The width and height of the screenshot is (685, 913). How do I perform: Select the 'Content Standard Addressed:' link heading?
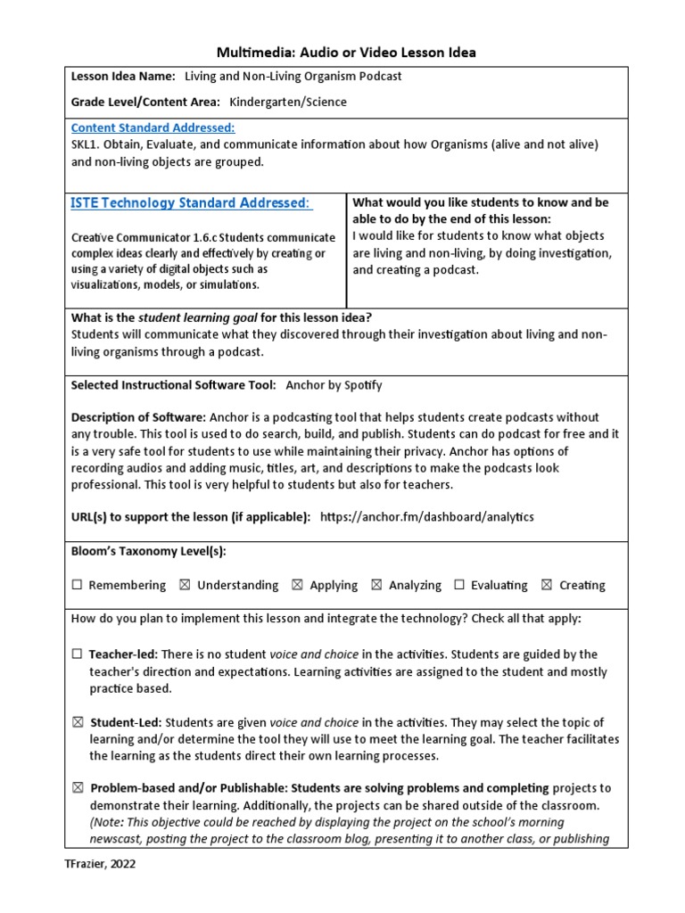[x=153, y=127]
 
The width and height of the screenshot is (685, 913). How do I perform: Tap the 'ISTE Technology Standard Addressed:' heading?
[x=191, y=203]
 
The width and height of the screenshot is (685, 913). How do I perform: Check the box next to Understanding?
[x=185, y=586]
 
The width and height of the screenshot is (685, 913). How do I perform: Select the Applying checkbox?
[x=297, y=586]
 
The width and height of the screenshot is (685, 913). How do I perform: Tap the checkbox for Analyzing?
[x=376, y=586]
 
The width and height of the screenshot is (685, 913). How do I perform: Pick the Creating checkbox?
[x=547, y=586]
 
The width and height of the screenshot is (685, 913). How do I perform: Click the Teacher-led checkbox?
[x=77, y=654]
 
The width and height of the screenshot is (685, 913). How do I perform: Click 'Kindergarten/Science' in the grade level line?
[x=288, y=102]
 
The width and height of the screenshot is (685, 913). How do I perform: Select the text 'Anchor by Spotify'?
[x=334, y=385]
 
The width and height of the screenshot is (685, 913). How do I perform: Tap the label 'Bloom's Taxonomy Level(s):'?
[x=148, y=551]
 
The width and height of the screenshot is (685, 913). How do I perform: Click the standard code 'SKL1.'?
[x=87, y=144]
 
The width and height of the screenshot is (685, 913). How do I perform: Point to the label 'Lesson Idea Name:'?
[x=123, y=77]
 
